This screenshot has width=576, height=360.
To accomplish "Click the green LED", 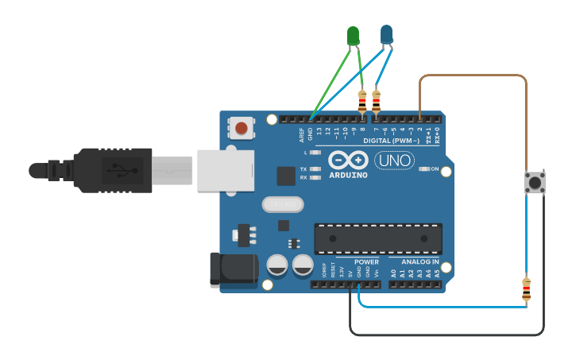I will coord(353,36).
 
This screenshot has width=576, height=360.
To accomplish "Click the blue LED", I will coord(387,34).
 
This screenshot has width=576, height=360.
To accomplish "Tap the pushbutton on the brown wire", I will coord(535,184).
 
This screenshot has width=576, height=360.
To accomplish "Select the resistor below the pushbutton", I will coord(526,289).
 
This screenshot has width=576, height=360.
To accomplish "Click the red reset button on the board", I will coord(241,127).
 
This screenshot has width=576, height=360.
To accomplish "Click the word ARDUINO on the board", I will coord(348,175).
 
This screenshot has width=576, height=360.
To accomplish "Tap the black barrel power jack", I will coord(232,269).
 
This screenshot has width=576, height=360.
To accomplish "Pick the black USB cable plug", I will coord(111,170).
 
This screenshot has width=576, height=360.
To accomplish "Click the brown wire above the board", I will coord(473,76).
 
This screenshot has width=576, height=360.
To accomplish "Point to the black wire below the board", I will coord(445,334).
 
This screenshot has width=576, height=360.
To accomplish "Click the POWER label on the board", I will coord(366,261).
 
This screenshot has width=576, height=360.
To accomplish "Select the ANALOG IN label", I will coord(419,261).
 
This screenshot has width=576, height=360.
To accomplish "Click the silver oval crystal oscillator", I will coord(284,204).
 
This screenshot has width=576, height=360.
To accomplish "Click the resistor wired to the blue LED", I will coord(376,102).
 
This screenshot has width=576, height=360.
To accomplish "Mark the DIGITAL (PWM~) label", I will coord(390,141).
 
